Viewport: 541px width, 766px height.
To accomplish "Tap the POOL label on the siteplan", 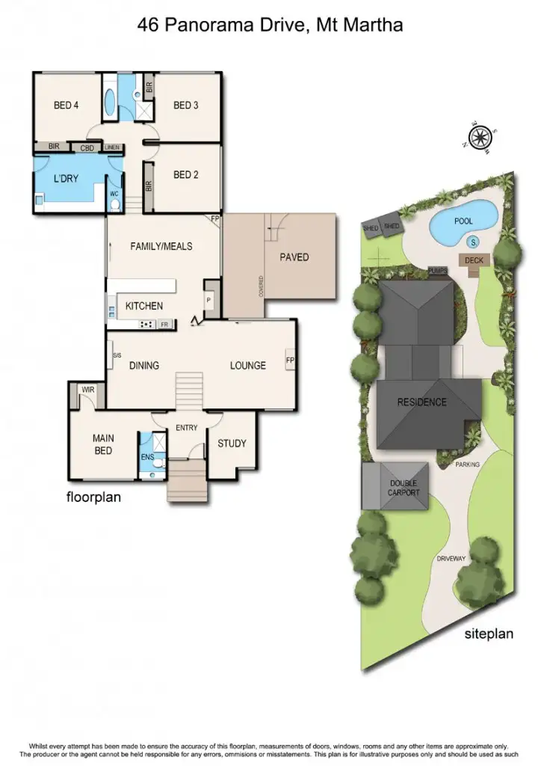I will pyautogui.click(x=463, y=221).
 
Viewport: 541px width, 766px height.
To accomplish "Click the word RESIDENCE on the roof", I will pyautogui.click(x=421, y=402).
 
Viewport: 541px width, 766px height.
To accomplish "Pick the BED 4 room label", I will pyautogui.click(x=67, y=105).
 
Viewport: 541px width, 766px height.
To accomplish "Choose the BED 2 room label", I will pyautogui.click(x=186, y=175).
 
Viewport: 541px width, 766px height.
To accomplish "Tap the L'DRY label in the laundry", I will pyautogui.click(x=66, y=180).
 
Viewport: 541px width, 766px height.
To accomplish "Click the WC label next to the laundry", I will pyautogui.click(x=114, y=194).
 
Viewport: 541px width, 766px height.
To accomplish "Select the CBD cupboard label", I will pyautogui.click(x=87, y=147).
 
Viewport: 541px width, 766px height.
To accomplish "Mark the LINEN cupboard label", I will pyautogui.click(x=113, y=147).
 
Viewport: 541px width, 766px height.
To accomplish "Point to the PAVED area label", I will pyautogui.click(x=294, y=257).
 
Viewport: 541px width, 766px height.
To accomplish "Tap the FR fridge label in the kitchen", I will pyautogui.click(x=164, y=324).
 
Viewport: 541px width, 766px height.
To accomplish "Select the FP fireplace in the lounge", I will pyautogui.click(x=290, y=360).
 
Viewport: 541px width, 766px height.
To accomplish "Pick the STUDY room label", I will pyautogui.click(x=232, y=444).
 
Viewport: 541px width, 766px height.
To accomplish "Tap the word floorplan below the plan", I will pyautogui.click(x=93, y=496).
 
